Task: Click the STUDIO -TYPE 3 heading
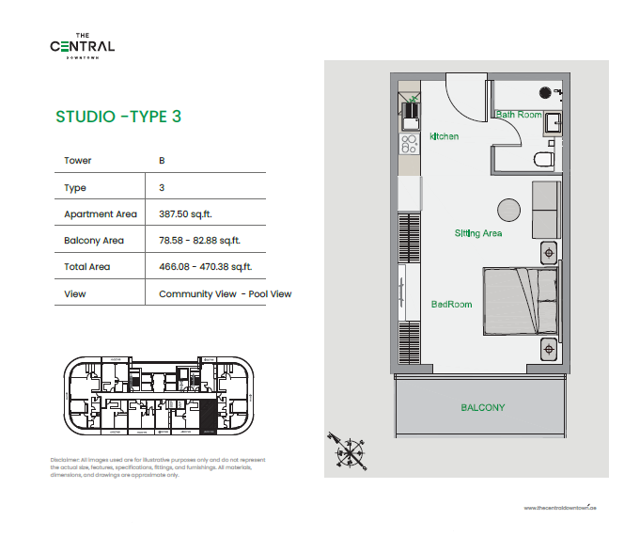pyautogui.click(x=118, y=118)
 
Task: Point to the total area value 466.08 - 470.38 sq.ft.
pyautogui.click(x=206, y=267)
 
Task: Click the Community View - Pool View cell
pyautogui.click(x=226, y=293)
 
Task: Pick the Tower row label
pyautogui.click(x=77, y=161)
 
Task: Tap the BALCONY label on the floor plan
pyautogui.click(x=482, y=407)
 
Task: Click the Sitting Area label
pyautogui.click(x=478, y=233)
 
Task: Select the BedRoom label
pyautogui.click(x=450, y=305)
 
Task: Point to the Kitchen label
pyautogui.click(x=445, y=137)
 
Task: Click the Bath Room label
pyautogui.click(x=519, y=115)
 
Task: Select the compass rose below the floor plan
pyautogui.click(x=351, y=449)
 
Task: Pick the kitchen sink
pyautogui.click(x=410, y=120)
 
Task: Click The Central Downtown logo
pyautogui.click(x=83, y=45)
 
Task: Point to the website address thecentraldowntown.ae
pyautogui.click(x=561, y=507)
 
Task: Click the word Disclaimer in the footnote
pyautogui.click(x=66, y=460)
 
